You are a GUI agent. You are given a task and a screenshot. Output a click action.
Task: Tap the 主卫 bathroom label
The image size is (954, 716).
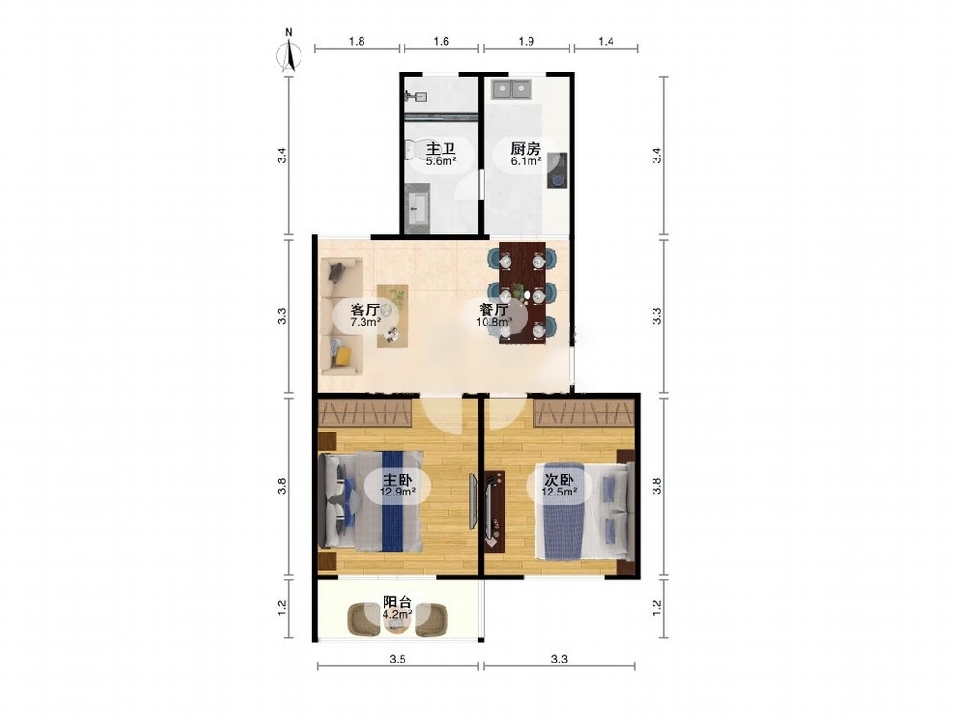click(441, 149)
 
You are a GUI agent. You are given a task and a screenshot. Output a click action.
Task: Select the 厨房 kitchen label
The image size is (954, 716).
click(526, 149)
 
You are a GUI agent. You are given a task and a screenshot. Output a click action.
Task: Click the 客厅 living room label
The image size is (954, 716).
click(365, 308)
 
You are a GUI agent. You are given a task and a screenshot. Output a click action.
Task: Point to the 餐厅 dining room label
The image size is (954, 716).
click(493, 308)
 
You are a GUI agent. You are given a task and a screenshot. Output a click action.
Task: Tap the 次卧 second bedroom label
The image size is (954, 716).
click(558, 479)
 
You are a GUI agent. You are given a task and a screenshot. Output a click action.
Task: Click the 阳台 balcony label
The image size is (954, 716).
click(397, 602)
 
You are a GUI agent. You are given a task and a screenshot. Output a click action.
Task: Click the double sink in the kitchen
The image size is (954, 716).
click(512, 90)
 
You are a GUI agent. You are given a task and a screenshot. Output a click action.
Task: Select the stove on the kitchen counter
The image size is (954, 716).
click(557, 171)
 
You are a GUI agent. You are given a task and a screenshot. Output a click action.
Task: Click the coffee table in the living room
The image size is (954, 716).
click(392, 316)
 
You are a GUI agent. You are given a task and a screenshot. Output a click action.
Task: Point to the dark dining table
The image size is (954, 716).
click(522, 293)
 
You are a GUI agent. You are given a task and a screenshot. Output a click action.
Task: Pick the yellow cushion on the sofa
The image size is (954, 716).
click(343, 355)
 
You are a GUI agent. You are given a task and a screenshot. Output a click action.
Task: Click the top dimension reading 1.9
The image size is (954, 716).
click(527, 41)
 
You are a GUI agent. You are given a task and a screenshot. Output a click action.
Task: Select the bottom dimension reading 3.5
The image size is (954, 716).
click(398, 658)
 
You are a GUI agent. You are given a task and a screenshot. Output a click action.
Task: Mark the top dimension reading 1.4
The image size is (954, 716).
click(606, 41)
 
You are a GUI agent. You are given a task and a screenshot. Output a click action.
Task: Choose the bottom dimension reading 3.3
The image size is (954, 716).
click(559, 658)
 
